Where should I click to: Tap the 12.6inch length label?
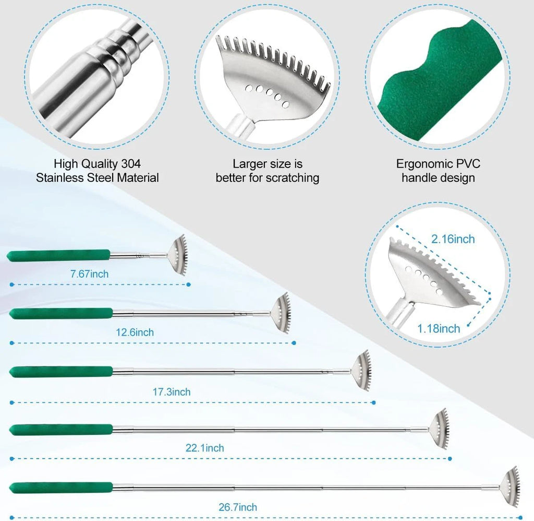coord(135,332)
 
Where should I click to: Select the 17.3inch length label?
coord(172,392)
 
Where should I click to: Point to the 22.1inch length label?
coord(205,448)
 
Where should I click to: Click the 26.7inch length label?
coord(238,507)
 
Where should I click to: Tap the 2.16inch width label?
coord(453,239)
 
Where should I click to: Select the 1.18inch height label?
coord(439,328)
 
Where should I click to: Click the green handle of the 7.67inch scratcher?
coord(58,255)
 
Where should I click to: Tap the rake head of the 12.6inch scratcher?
coord(282,313)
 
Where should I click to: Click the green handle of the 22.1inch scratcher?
coord(61,430)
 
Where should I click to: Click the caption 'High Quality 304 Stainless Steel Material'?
coord(98,171)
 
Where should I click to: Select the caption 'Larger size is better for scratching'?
coord(267,171)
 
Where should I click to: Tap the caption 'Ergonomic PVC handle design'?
coord(438,171)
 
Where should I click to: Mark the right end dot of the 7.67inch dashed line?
coord(189,285)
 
